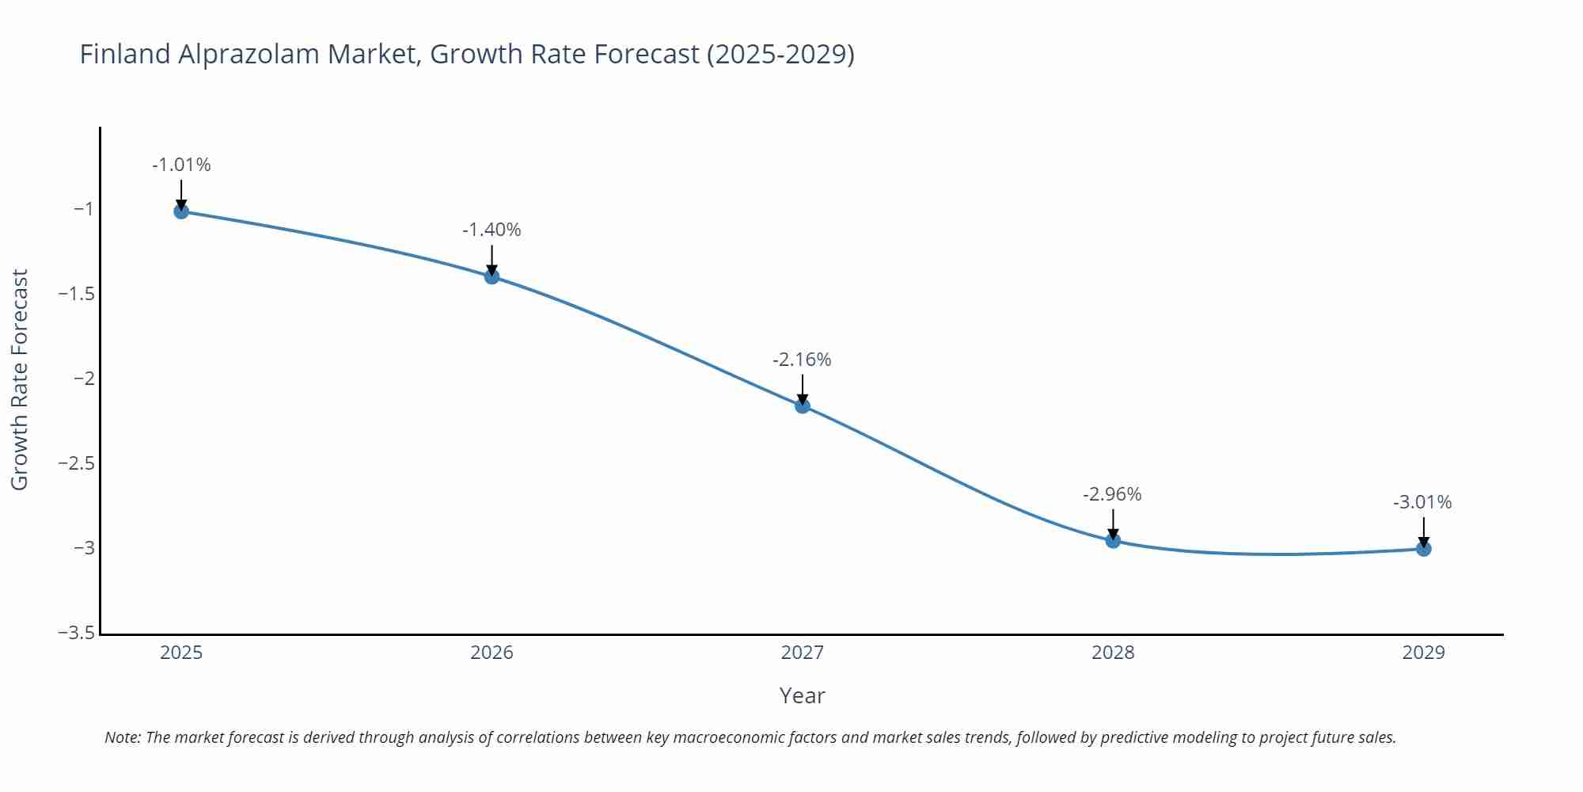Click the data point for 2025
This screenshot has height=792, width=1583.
click(x=181, y=211)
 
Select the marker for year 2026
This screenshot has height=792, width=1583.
click(x=492, y=276)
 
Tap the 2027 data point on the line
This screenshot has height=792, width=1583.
click(x=803, y=406)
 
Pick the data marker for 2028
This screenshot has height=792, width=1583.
click(x=1113, y=541)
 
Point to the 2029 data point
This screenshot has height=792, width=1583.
click(x=1423, y=549)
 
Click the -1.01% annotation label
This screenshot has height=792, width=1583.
click(x=181, y=166)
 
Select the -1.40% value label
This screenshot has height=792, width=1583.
click(x=492, y=230)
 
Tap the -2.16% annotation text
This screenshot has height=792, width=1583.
click(x=802, y=360)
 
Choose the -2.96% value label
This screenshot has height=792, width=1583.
click(x=1112, y=495)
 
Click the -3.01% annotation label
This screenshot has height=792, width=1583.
click(x=1422, y=503)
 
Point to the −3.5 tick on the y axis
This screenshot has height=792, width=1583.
click(x=76, y=633)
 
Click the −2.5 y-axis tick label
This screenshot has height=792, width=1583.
click(x=76, y=463)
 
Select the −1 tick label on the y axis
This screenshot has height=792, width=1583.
click(x=83, y=209)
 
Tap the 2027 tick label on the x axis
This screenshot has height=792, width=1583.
click(x=802, y=653)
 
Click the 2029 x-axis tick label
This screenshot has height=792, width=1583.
click(x=1423, y=653)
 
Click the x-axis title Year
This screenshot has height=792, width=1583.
click(x=802, y=696)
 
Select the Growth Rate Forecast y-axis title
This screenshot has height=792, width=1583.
click(x=20, y=379)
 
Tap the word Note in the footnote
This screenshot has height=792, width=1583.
click(x=122, y=738)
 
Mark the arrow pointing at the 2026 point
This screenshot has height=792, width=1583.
click(x=492, y=259)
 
